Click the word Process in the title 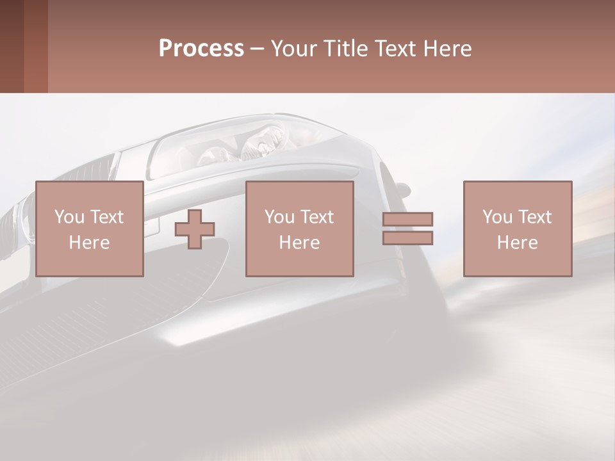click(201, 49)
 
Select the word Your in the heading click(292, 49)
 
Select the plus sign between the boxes click(195, 229)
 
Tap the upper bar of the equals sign click(407, 220)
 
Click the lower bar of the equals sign click(407, 238)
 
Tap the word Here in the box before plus click(89, 242)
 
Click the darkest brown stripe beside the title click(12, 46)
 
